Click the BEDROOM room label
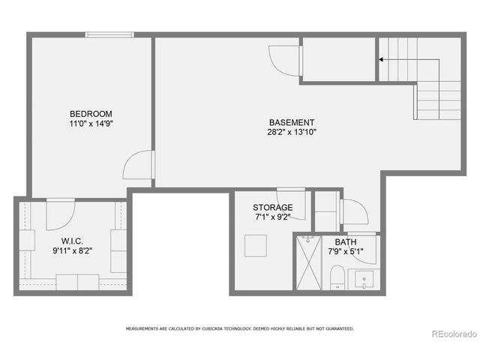(x=91, y=114)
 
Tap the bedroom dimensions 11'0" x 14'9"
(x=91, y=124)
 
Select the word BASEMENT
(x=292, y=122)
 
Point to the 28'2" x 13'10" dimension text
(x=292, y=132)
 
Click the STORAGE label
(x=272, y=208)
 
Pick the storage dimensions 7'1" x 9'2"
(x=272, y=217)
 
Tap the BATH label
(x=346, y=242)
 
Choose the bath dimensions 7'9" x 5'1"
(x=346, y=252)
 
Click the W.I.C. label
(x=72, y=241)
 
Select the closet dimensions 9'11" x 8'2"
(x=72, y=250)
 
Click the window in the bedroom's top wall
(x=109, y=34)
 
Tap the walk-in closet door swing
(x=58, y=214)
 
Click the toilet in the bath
(x=337, y=276)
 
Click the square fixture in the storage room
(x=255, y=246)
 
